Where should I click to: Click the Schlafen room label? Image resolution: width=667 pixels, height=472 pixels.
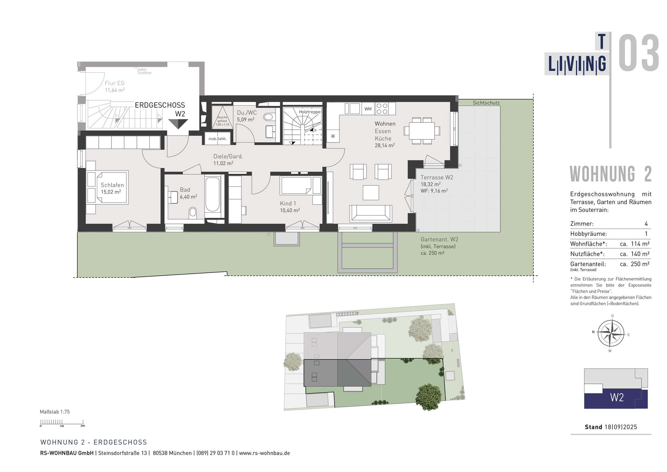[112, 185]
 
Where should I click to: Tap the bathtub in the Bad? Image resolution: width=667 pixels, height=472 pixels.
[212, 195]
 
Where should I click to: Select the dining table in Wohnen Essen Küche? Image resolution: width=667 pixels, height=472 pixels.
[422, 131]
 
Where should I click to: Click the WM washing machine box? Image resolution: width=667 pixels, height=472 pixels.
[368, 109]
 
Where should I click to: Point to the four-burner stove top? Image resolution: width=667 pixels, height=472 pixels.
[382, 109]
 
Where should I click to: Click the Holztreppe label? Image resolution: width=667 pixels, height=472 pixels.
[310, 112]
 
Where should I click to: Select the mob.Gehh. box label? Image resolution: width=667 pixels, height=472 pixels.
[217, 139]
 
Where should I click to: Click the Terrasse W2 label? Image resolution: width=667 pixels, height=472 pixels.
[437, 177]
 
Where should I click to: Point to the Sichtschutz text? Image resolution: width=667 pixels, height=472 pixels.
[486, 103]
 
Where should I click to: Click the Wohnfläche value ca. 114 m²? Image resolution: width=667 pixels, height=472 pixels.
[635, 244]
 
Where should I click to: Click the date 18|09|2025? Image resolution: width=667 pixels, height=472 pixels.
[621, 427]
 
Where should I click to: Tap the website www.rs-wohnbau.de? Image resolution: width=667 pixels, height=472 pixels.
[264, 453]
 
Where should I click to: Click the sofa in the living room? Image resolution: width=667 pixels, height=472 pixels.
[371, 213]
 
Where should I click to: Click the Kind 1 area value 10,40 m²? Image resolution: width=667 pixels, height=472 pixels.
[290, 210]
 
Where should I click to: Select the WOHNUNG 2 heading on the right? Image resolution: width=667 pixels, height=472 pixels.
[610, 174]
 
